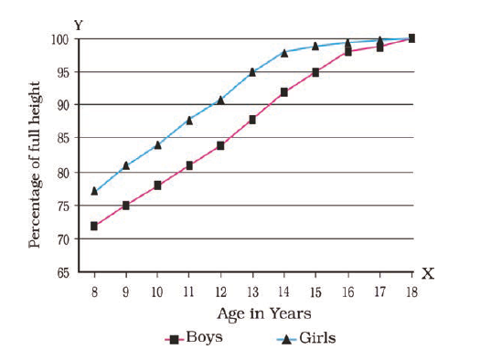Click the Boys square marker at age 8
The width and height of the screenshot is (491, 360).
coord(94,226)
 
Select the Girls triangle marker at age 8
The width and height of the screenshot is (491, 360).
coord(94,191)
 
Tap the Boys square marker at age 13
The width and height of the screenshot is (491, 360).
coord(252,120)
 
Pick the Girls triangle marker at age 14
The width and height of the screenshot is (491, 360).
coord(284,53)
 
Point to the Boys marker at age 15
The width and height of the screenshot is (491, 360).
coord(315,72)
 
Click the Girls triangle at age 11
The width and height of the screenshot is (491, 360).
coord(189,121)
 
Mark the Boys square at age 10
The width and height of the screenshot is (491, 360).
coord(157,185)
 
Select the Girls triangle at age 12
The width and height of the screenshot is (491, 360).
coord(220,101)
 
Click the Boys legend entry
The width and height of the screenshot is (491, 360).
coord(194,338)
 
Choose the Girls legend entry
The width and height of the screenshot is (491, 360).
coord(306,338)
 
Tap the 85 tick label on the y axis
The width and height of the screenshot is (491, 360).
coord(63,138)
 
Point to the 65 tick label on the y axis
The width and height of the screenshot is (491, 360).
coord(63,273)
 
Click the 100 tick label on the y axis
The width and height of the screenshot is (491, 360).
coord(60,40)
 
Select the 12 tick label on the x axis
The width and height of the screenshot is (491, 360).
coord(220,292)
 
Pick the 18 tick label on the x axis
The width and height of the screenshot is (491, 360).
coord(411,292)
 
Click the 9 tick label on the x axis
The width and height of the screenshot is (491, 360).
coord(125,292)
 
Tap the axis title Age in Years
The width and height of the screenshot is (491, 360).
coord(264,313)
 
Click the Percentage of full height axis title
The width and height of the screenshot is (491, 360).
coord(35,165)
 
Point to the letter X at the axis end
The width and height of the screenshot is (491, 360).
coord(428,274)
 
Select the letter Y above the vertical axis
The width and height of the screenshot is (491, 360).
coord(79,25)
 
